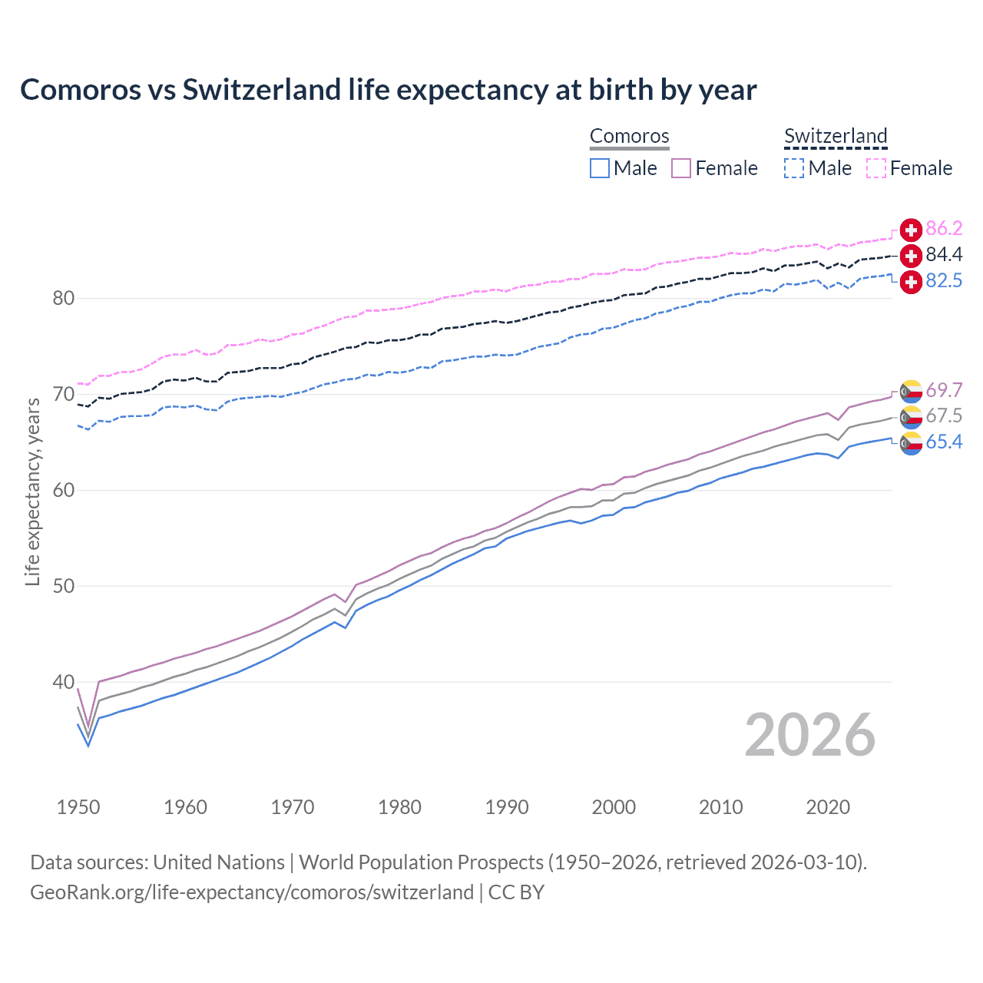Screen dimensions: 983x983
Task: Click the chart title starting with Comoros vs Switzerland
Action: tap(388, 90)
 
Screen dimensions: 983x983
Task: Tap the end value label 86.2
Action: tap(944, 229)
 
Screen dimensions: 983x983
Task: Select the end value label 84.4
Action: tap(944, 255)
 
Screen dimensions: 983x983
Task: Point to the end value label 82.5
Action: tap(944, 281)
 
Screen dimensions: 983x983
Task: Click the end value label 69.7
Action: tap(944, 391)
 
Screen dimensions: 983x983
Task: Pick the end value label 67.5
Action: tap(944, 416)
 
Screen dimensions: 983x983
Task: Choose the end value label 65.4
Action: tap(944, 442)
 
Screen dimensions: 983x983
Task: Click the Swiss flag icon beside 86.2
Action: tap(911, 230)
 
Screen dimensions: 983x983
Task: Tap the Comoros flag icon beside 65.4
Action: tap(911, 443)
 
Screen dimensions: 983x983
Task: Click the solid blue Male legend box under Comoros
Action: tap(600, 168)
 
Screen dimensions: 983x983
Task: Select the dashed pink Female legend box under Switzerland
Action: tap(876, 168)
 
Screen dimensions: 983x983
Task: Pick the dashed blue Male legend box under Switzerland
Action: tap(794, 168)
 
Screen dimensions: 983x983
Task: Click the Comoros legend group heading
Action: tap(630, 137)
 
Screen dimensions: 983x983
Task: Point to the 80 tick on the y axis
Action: tap(63, 299)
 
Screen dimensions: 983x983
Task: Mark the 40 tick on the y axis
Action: tap(63, 683)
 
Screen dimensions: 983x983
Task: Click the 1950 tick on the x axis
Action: tap(78, 807)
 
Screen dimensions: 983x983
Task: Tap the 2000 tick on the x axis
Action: tap(614, 807)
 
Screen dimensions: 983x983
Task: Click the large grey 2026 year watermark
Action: tap(809, 736)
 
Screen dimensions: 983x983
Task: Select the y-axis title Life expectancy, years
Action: tap(32, 491)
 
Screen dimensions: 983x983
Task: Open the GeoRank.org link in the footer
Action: tap(252, 892)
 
